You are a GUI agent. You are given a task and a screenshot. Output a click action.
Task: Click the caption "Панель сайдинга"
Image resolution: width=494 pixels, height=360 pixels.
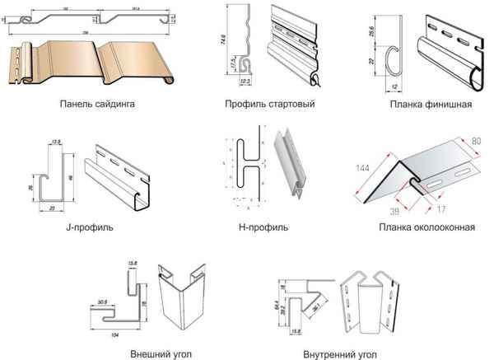click(98, 105)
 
